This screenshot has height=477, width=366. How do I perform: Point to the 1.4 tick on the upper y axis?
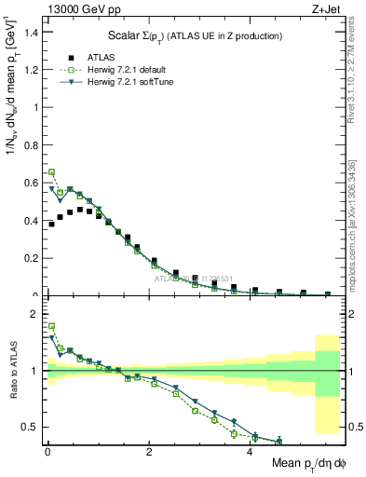(x=34, y=32)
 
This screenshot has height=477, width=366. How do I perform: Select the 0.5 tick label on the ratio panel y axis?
(x=34, y=428)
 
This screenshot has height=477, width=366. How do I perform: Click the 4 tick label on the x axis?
(x=251, y=452)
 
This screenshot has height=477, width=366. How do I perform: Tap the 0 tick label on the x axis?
(x=47, y=452)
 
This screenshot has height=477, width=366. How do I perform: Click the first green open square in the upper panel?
(x=52, y=172)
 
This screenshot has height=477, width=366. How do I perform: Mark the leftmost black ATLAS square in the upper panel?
(x=52, y=225)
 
